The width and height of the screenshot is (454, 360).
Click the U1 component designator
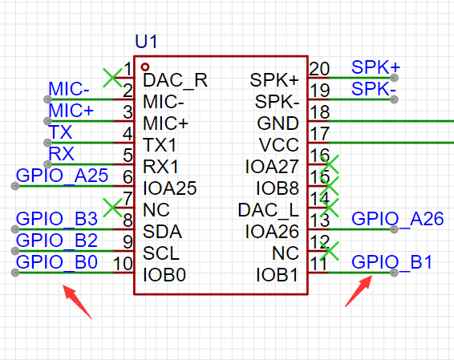(x=146, y=42)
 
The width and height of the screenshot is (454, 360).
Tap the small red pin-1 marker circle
(x=145, y=67)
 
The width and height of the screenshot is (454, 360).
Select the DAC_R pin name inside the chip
(x=175, y=80)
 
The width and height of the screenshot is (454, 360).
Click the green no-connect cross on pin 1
(x=112, y=78)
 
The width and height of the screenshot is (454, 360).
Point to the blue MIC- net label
(x=69, y=89)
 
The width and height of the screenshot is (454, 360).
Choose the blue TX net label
(x=60, y=132)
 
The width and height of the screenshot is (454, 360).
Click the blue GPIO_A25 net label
(x=62, y=176)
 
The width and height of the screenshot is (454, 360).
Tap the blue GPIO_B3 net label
(x=57, y=219)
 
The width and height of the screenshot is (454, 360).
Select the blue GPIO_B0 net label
(x=57, y=262)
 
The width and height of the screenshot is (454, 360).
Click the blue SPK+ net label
(x=375, y=67)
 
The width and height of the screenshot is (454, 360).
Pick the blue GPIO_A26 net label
(x=397, y=219)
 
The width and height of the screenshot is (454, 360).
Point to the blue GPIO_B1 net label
(x=391, y=262)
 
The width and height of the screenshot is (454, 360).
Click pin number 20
(x=319, y=69)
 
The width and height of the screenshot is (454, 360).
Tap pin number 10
(x=123, y=264)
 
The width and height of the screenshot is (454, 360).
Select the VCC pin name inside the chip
(x=278, y=145)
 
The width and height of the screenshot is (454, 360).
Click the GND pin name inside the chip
(x=278, y=123)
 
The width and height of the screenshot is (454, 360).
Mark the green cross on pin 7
(x=112, y=208)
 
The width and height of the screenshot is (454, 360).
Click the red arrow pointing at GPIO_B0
(x=77, y=301)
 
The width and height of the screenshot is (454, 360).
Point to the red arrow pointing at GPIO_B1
(x=359, y=291)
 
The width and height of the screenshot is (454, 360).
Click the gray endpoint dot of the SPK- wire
(x=394, y=99)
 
